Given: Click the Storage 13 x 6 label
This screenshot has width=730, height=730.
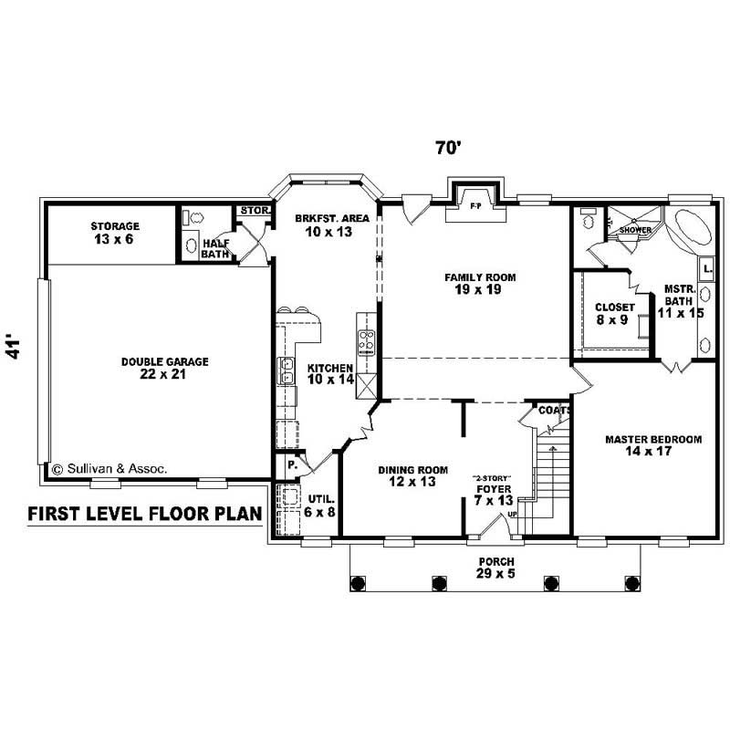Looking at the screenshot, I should tap(115, 233).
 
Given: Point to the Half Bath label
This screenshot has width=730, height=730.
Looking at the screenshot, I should tap(214, 248).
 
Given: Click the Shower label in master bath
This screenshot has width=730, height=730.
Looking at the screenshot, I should tap(634, 230).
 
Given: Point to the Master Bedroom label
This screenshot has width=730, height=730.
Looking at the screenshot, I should tap(653, 445).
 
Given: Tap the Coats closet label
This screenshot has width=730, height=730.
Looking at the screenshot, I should tap(554, 411).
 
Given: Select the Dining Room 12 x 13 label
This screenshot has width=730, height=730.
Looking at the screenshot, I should tap(413, 475).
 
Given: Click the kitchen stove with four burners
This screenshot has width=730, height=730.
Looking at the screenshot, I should tap(367, 342).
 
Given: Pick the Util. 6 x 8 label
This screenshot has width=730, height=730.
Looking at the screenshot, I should tap(323, 506).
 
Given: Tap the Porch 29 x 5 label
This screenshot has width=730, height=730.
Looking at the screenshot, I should tap(495, 567).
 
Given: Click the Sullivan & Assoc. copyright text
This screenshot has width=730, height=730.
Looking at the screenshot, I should tap(109, 469).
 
